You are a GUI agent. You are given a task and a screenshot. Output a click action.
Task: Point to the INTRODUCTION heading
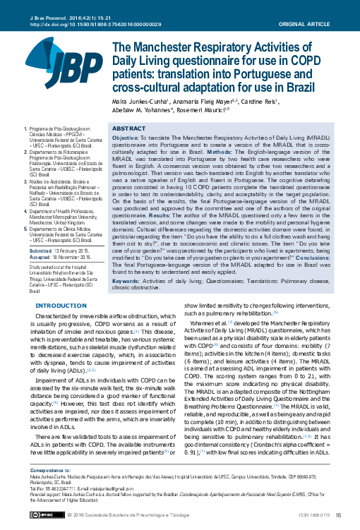click(x=59, y=305)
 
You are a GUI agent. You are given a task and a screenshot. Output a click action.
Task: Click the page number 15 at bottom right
click(x=338, y=516)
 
